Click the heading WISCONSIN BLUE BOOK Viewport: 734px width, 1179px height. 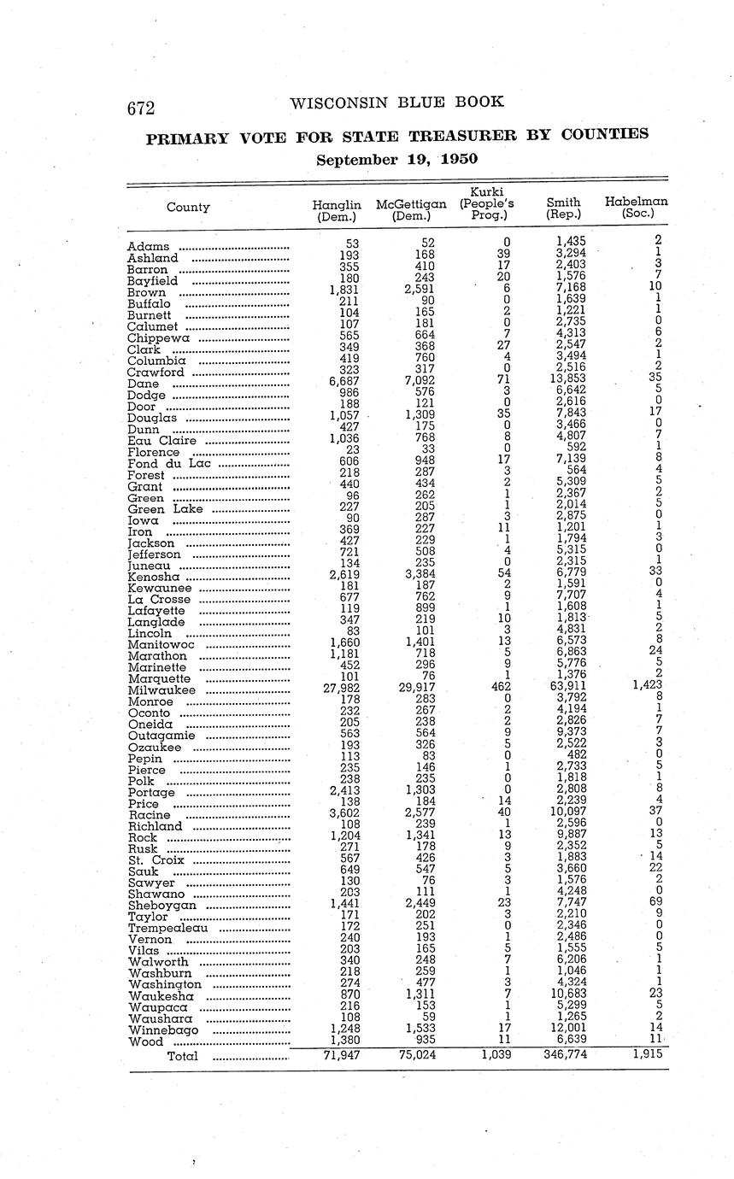(396, 103)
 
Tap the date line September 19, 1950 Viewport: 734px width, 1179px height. (396, 159)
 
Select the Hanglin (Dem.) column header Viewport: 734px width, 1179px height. (337, 210)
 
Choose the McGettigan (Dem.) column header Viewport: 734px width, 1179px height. (411, 210)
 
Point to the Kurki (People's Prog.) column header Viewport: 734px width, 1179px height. (486, 203)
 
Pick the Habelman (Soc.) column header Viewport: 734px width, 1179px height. (636, 208)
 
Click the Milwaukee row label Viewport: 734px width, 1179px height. (161, 690)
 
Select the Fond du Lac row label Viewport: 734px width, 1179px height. (168, 464)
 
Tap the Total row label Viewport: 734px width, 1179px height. (182, 1056)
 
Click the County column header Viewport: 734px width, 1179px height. (188, 207)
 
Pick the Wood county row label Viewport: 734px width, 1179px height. (145, 1042)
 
